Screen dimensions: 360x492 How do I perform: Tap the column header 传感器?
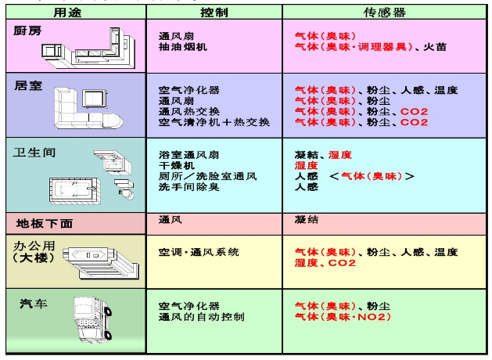[x=385, y=13]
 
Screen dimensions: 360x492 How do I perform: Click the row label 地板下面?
[x=44, y=223]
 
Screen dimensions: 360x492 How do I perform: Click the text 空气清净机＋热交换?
[x=214, y=123]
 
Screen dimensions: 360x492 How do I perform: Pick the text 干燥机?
[x=175, y=166]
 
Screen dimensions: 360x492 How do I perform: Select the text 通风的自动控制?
[x=202, y=317]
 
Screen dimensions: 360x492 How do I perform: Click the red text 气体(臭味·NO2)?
[x=342, y=317]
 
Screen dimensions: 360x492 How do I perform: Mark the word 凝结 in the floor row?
[x=306, y=220]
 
